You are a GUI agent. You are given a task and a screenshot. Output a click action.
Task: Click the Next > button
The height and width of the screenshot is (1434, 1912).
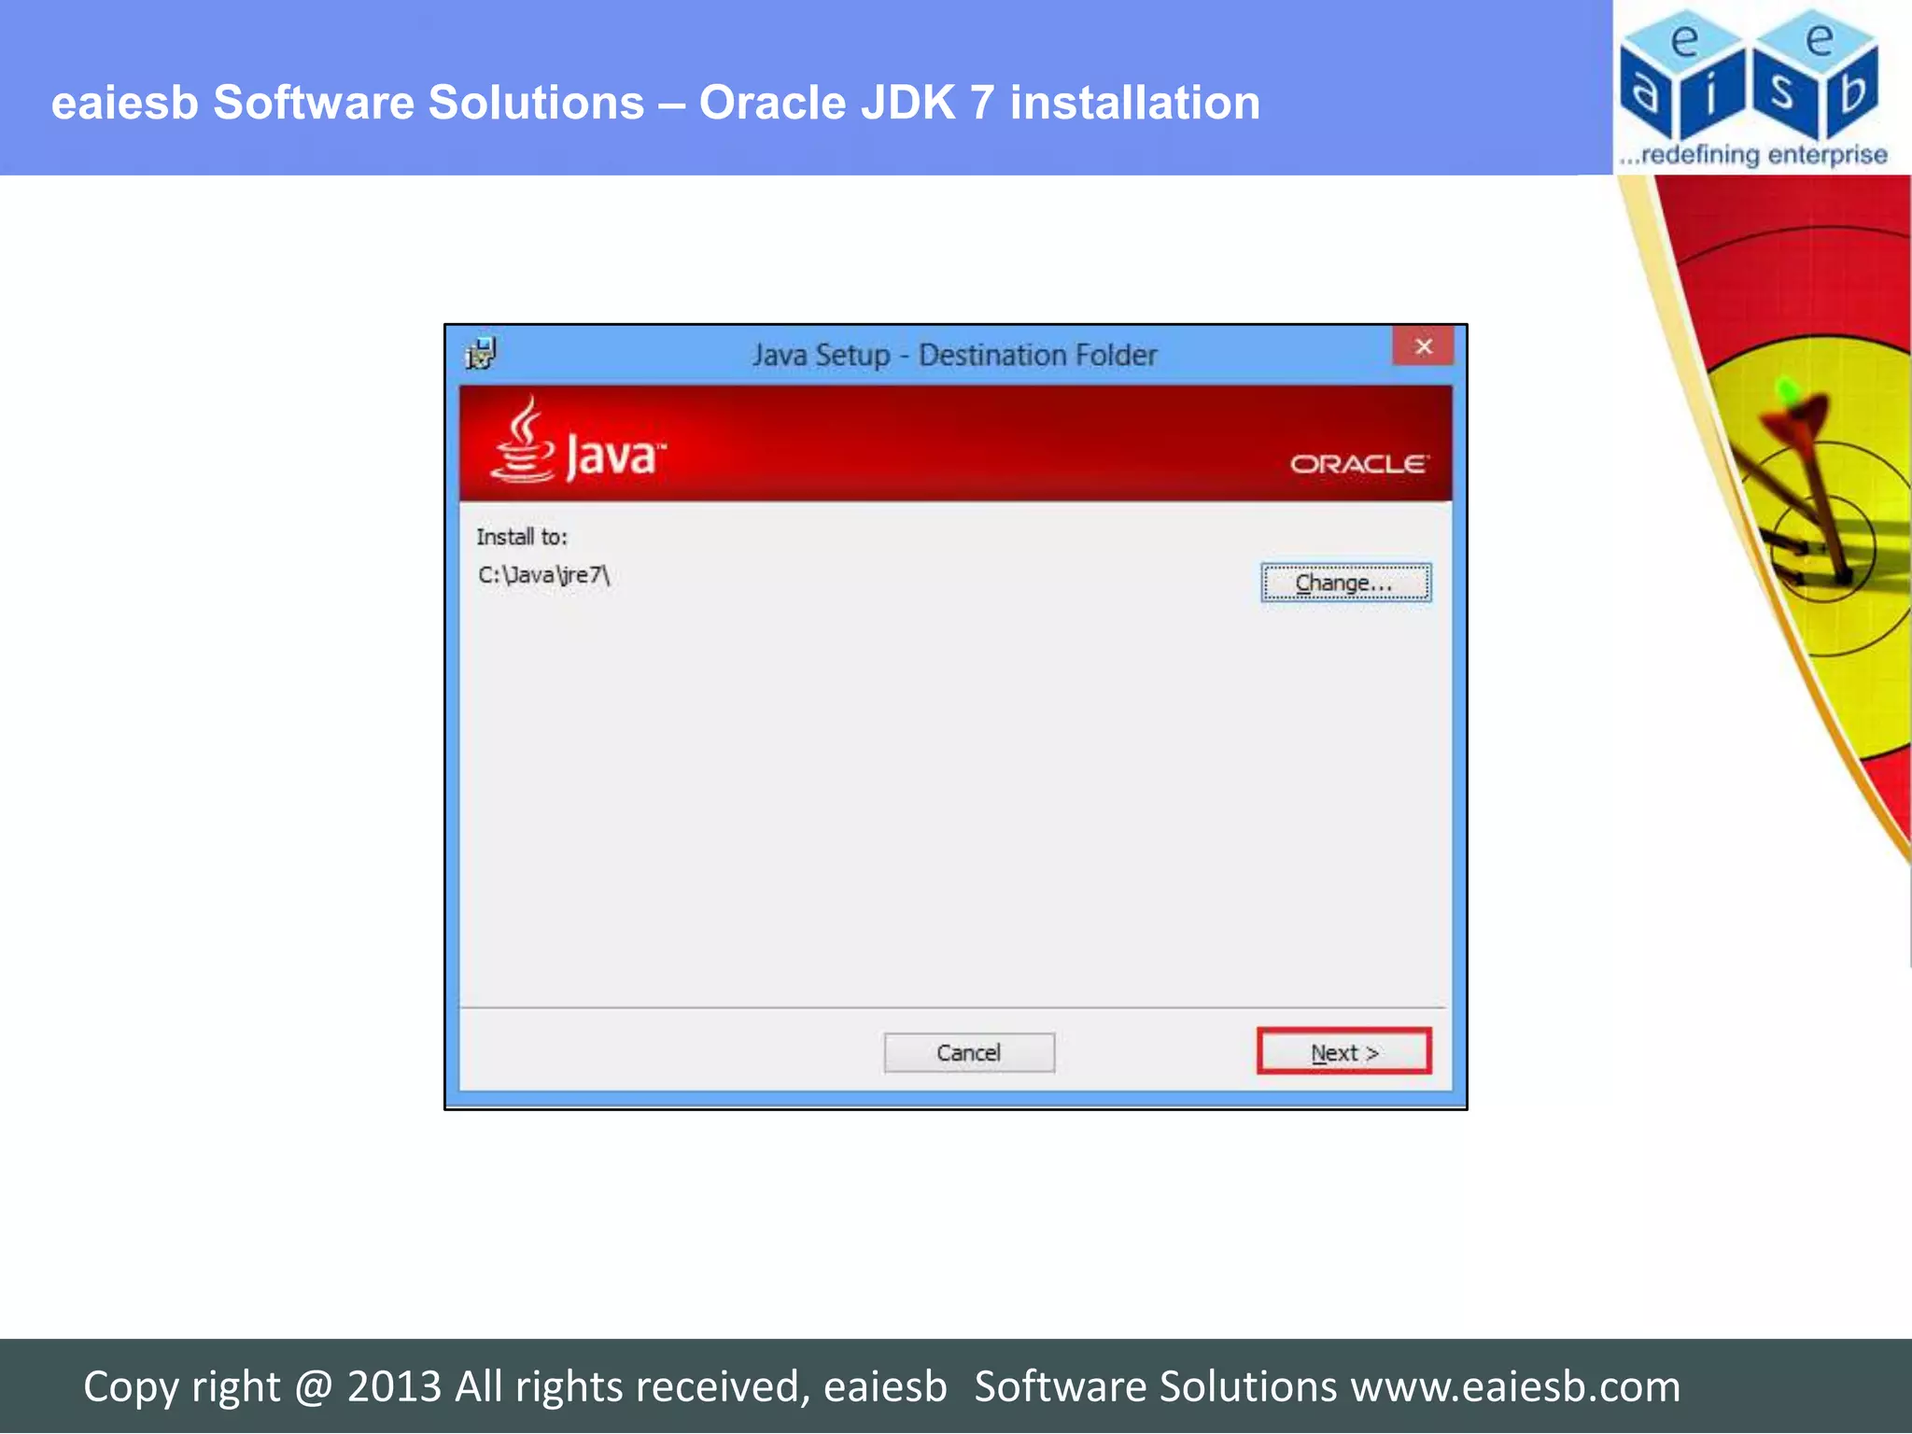[x=1343, y=1052]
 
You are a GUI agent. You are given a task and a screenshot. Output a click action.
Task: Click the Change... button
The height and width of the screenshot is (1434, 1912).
[x=1344, y=583]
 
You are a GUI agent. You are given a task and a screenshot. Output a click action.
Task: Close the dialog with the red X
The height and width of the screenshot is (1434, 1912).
[x=1423, y=347]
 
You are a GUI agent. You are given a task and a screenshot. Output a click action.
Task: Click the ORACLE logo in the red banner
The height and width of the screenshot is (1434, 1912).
[x=1358, y=464]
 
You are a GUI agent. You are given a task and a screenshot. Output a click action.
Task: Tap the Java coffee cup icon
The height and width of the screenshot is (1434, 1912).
[x=523, y=441]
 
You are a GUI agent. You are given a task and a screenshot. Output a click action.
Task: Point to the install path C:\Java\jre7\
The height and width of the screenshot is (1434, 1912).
[x=543, y=575]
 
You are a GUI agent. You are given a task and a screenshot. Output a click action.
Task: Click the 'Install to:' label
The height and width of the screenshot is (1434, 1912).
[x=522, y=537]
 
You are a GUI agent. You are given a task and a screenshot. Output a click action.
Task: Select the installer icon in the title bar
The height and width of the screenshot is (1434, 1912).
[x=481, y=354]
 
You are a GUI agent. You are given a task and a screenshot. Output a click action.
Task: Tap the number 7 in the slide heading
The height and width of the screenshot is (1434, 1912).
[x=981, y=103]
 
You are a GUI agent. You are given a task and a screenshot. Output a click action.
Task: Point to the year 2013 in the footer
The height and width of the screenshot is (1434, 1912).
[x=393, y=1386]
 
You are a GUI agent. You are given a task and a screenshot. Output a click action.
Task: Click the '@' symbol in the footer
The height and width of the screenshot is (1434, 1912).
[x=314, y=1386]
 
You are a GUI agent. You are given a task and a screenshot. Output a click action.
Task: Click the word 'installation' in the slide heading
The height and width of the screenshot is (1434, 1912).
[x=1134, y=103]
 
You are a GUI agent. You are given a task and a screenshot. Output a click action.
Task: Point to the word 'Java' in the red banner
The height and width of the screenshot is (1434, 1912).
[x=612, y=457]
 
